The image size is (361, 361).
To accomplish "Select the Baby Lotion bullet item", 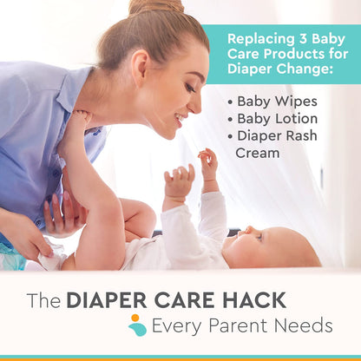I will (x=277, y=118).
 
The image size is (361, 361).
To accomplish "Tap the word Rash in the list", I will (x=297, y=135).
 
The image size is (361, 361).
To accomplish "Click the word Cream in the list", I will (x=258, y=153).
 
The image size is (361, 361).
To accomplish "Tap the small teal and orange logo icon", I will (x=137, y=325).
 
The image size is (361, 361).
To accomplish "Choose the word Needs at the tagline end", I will (x=304, y=325).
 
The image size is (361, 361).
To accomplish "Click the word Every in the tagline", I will (x=178, y=325).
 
